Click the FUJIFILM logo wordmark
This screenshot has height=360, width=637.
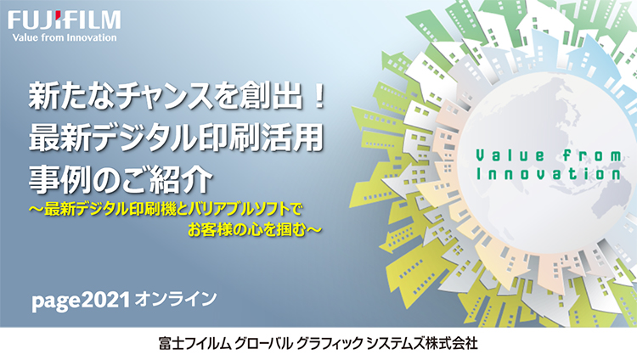point(65,20)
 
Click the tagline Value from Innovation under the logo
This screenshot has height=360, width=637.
point(65,37)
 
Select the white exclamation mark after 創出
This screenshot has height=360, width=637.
point(319,97)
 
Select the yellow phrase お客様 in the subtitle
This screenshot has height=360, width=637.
point(211,230)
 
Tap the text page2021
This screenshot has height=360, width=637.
point(81,301)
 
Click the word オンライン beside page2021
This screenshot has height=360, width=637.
point(175,299)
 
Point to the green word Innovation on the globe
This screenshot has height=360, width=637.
point(549,173)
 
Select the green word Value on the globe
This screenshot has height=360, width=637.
point(510,155)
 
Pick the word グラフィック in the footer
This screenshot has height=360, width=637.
point(329,344)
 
